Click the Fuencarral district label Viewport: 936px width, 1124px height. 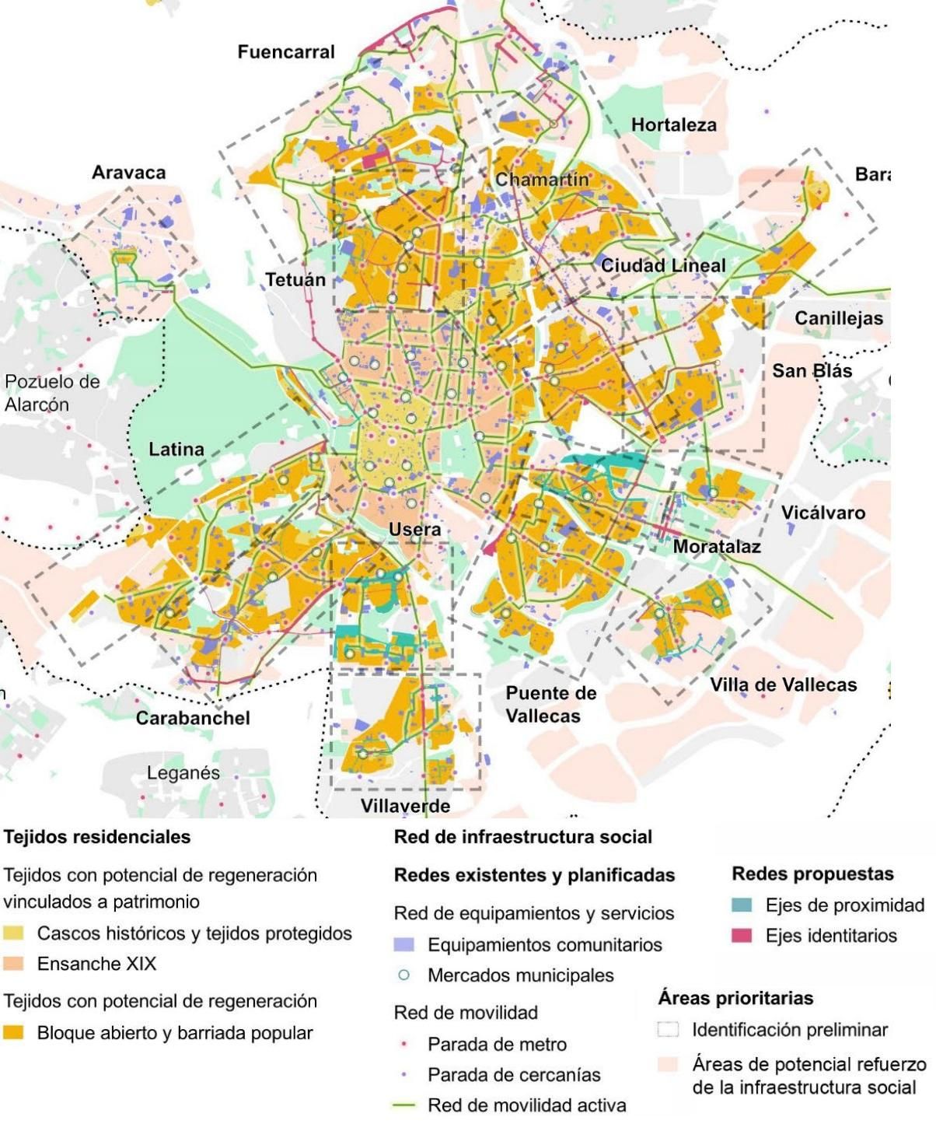tap(285, 52)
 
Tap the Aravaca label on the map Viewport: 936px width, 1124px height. tap(128, 173)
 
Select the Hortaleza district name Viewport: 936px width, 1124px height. tap(673, 124)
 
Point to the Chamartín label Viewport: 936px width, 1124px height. tap(542, 180)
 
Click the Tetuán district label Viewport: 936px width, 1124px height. tap(295, 279)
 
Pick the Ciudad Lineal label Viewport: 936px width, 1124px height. tap(662, 265)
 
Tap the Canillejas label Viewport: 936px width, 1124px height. tap(838, 318)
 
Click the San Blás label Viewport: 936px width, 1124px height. tap(812, 371)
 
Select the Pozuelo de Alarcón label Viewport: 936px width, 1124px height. tap(52, 393)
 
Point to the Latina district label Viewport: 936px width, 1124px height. tap(176, 449)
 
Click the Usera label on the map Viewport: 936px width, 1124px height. tap(414, 530)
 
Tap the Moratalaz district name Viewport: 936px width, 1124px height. tap(716, 546)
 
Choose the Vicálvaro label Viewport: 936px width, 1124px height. tap(822, 513)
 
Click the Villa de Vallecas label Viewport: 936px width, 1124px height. tap(783, 685)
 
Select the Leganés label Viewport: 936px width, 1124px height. tap(183, 773)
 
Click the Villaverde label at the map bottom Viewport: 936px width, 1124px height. tap(405, 806)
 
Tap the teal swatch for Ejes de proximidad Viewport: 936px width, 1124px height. tap(742, 905)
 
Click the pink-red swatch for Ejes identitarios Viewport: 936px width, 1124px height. tap(742, 936)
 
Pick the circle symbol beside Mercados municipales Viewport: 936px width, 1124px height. tap(404, 975)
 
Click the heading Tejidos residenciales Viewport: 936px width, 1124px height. tap(97, 837)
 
